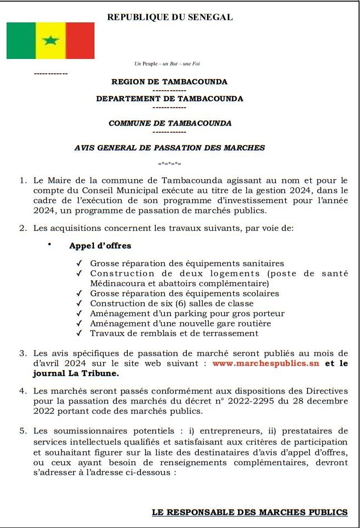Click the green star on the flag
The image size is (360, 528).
tap(50, 40)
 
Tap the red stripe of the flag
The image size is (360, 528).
tap(80, 40)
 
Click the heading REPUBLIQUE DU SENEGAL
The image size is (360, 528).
tap(170, 17)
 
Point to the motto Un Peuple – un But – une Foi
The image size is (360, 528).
tap(167, 64)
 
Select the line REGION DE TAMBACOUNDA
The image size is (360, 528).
tap(169, 82)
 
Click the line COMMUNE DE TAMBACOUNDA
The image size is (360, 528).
tap(170, 123)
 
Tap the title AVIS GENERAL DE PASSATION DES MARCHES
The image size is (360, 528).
tap(169, 147)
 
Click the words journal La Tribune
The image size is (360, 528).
tap(75, 374)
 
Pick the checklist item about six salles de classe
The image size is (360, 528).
tap(172, 303)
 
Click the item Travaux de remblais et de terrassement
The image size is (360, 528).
tap(174, 333)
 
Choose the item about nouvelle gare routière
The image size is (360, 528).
tap(180, 323)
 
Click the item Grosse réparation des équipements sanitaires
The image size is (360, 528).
tap(187, 263)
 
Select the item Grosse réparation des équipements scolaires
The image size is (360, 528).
tap(184, 293)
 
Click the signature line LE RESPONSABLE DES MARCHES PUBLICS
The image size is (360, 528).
tap(250, 512)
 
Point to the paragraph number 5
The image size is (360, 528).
tap(22, 431)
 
